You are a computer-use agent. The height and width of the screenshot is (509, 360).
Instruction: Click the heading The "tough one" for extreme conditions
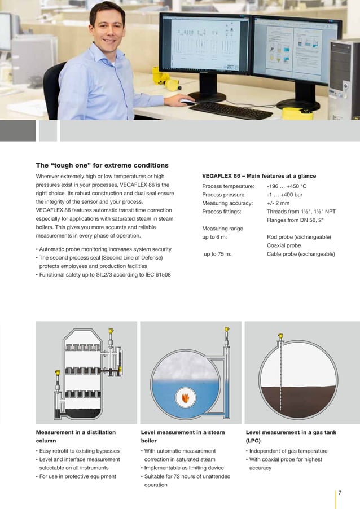(102, 165)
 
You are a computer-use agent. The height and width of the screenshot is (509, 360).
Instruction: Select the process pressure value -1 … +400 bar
(284, 195)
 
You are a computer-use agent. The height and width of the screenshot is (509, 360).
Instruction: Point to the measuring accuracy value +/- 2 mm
(278, 203)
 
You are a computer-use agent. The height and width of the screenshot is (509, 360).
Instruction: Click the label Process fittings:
(222, 212)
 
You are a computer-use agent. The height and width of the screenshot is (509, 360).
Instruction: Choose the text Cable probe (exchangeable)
(301, 254)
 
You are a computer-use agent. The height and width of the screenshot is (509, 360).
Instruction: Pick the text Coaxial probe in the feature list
(284, 245)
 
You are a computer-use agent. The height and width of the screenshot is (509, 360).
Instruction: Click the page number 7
(340, 493)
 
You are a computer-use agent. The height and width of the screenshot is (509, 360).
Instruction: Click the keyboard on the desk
(231, 110)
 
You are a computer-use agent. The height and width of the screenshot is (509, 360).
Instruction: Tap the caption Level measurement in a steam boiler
(182, 436)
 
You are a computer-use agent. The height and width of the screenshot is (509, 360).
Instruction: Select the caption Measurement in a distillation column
(76, 436)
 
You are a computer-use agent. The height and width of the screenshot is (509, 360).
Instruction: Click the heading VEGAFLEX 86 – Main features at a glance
(259, 176)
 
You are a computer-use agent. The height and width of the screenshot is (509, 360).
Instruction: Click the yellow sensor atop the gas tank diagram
(280, 337)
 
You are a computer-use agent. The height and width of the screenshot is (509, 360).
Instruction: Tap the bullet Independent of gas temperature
(288, 451)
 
